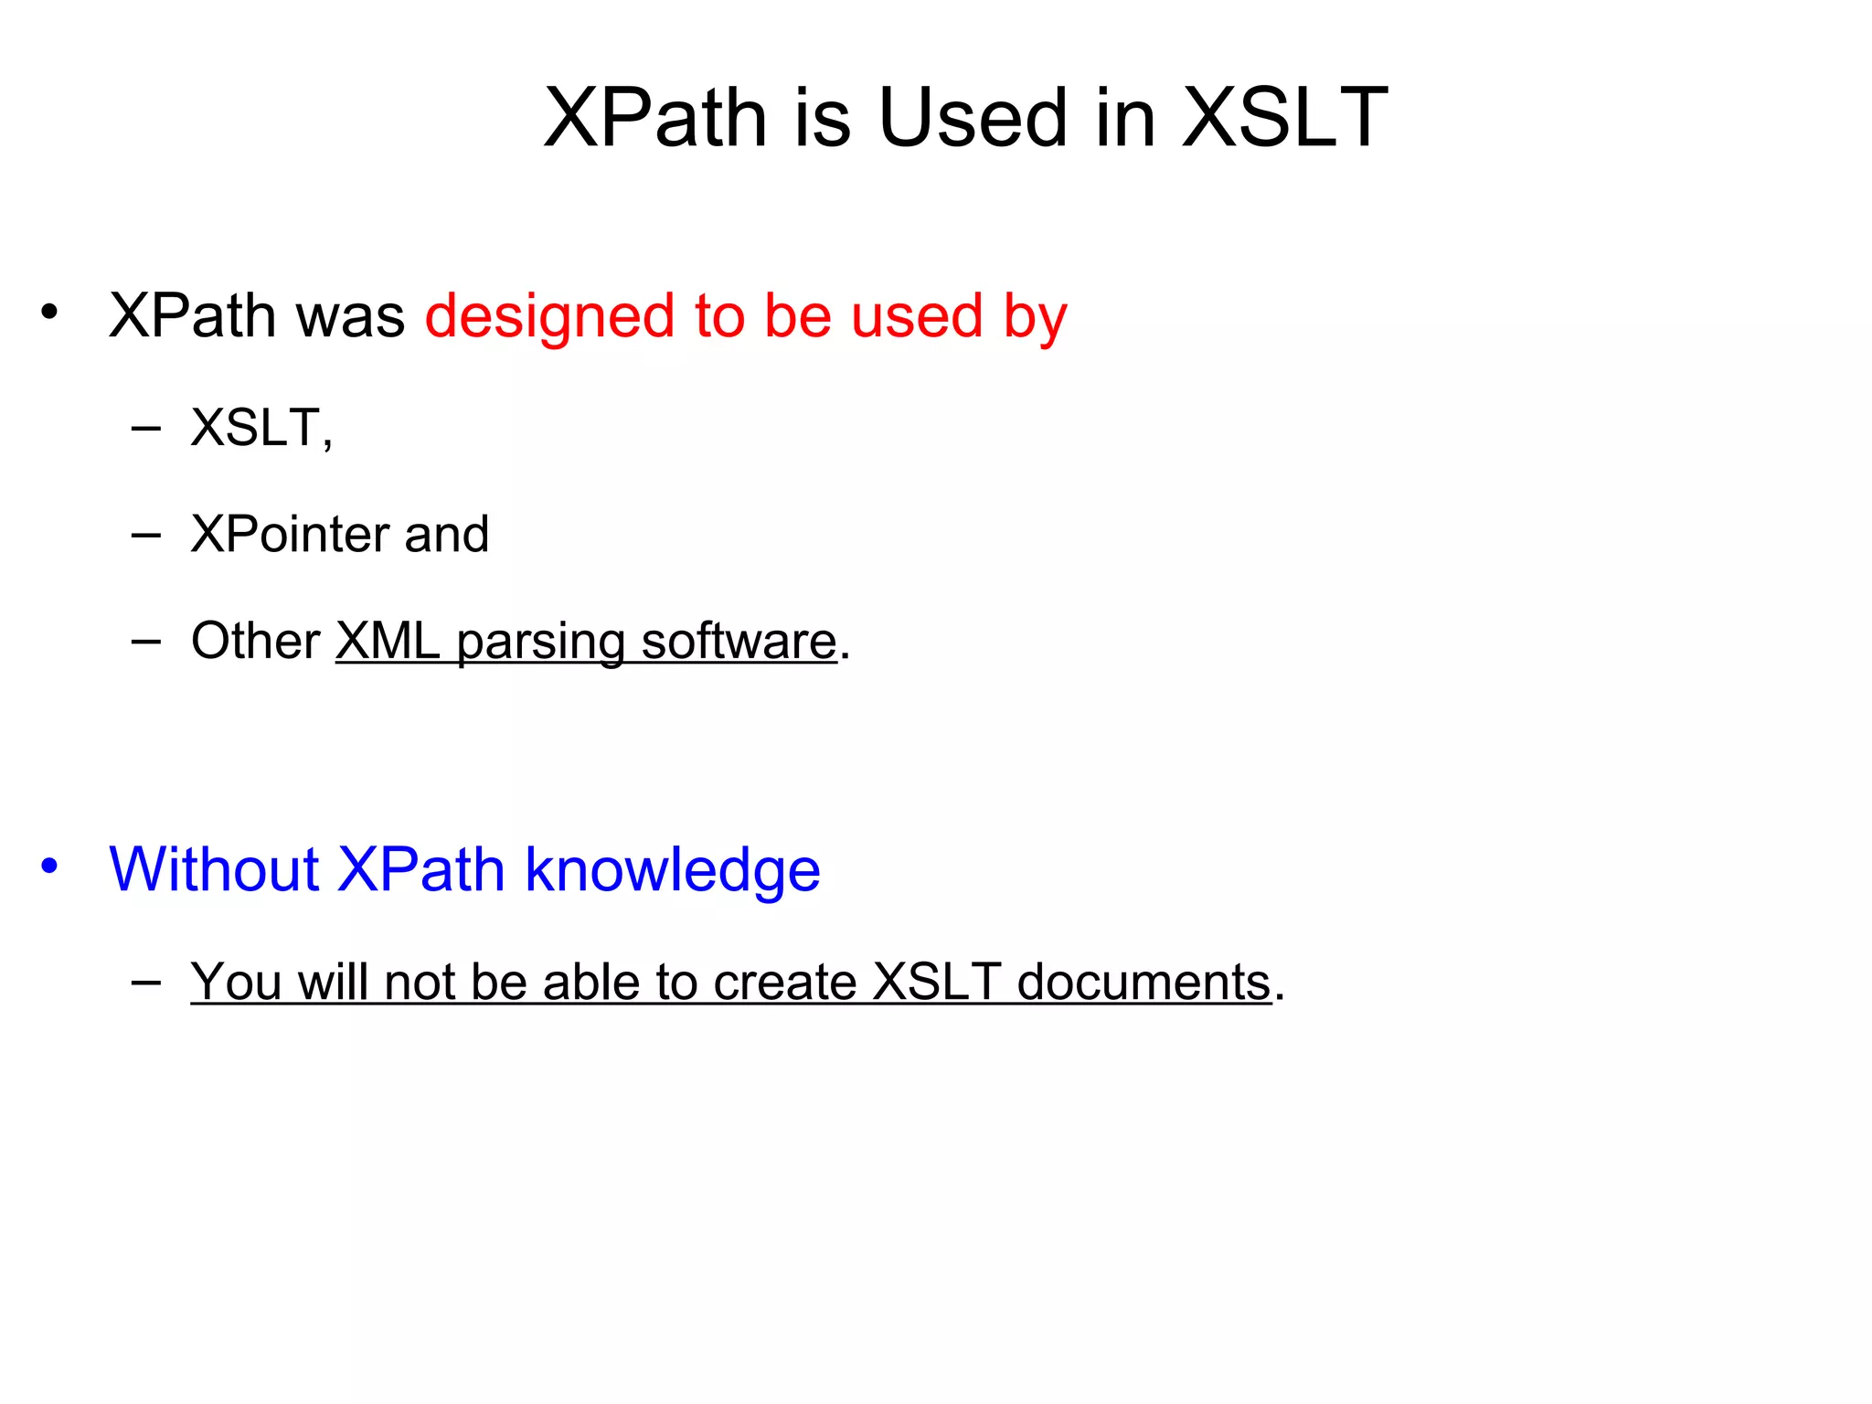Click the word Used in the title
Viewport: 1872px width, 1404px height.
pyautogui.click(x=973, y=118)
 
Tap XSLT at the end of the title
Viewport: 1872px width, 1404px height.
pyautogui.click(x=1284, y=118)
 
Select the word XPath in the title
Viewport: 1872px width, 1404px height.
pyautogui.click(x=654, y=118)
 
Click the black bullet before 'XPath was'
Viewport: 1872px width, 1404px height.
pyautogui.click(x=49, y=312)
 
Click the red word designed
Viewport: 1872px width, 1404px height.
pyautogui.click(x=549, y=317)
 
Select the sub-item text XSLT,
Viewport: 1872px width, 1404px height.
pyautogui.click(x=261, y=428)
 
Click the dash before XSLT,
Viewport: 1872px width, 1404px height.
pyautogui.click(x=146, y=428)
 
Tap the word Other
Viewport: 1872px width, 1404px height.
pyautogui.click(x=255, y=641)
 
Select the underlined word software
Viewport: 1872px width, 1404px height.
pyautogui.click(x=739, y=641)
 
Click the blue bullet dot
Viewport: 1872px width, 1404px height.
pyautogui.click(x=49, y=865)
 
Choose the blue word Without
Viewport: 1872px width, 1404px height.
pyautogui.click(x=214, y=869)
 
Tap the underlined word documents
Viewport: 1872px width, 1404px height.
pyautogui.click(x=1143, y=983)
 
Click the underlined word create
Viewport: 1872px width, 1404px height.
pyautogui.click(x=784, y=983)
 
